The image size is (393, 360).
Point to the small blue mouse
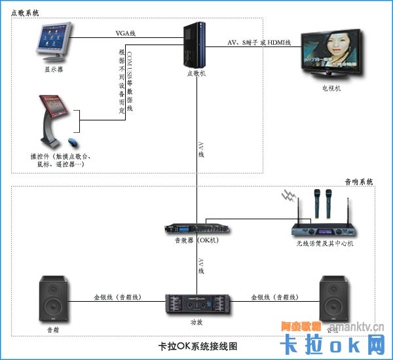point(72,142)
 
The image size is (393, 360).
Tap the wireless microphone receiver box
point(322,230)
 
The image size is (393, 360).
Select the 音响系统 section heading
point(358,181)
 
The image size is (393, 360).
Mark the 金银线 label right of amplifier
point(274,297)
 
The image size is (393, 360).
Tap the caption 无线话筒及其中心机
point(324,243)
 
